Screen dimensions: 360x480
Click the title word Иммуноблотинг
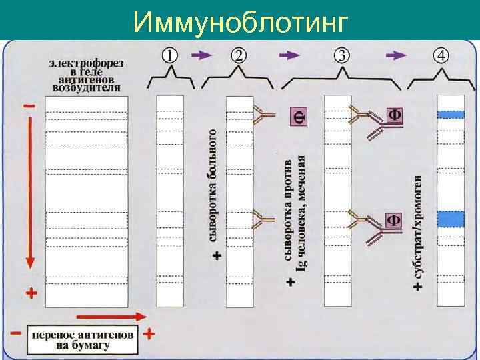click(240, 22)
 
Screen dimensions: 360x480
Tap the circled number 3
click(343, 55)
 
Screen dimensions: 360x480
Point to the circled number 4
click(441, 55)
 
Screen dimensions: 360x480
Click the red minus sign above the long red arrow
click(30, 106)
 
